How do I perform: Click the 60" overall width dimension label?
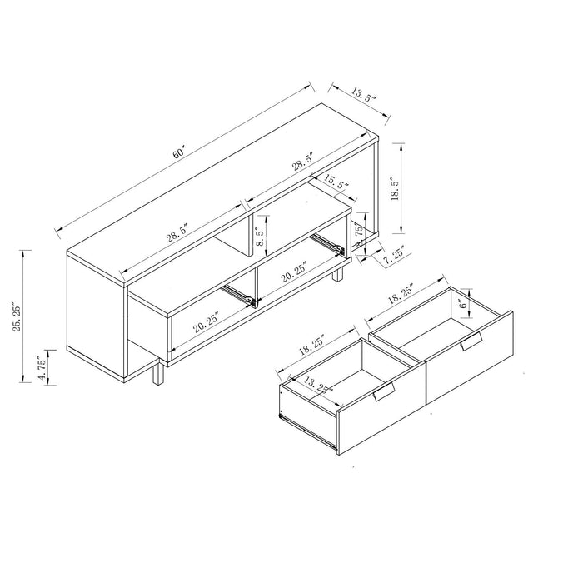tap(178, 156)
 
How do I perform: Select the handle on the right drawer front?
tap(471, 343)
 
